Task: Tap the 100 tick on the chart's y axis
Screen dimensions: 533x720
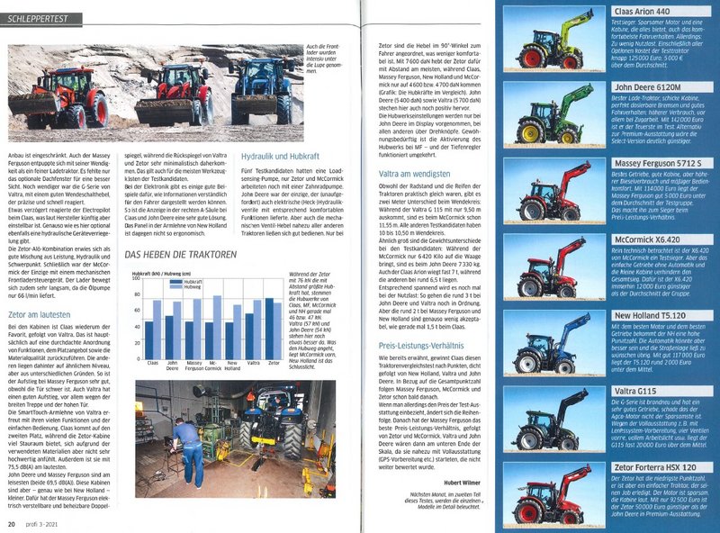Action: [x=135, y=280]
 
